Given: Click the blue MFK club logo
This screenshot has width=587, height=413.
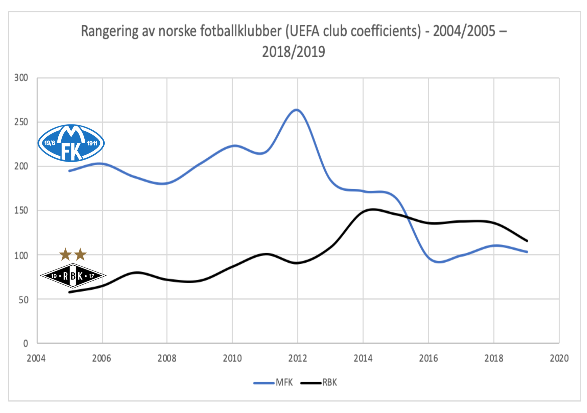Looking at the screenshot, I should click(x=71, y=143).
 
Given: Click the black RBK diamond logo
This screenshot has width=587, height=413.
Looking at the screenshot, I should click(x=73, y=275).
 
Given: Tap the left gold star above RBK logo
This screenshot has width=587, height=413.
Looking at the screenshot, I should click(x=65, y=254).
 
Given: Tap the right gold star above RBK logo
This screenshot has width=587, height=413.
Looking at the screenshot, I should click(x=80, y=254).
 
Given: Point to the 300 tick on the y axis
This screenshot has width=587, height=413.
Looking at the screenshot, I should click(x=21, y=78).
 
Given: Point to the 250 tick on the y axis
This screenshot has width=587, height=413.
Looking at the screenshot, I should click(x=21, y=122).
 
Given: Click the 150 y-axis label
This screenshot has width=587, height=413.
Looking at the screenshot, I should click(x=21, y=211).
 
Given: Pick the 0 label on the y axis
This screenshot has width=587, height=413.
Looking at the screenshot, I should click(x=26, y=344).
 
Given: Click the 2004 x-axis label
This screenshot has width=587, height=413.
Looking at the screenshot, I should click(x=36, y=359).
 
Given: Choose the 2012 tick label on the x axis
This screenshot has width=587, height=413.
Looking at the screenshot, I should click(x=298, y=359).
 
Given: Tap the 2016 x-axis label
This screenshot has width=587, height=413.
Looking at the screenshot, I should click(x=428, y=359).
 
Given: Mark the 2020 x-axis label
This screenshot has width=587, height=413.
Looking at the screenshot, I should click(x=559, y=359).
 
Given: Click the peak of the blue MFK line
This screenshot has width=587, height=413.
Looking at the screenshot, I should click(x=297, y=110).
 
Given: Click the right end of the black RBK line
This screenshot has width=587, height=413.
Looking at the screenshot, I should click(x=527, y=241).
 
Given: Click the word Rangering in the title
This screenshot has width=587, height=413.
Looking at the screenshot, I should click(x=110, y=31).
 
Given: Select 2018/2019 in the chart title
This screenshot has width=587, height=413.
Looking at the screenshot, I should click(x=293, y=52).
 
